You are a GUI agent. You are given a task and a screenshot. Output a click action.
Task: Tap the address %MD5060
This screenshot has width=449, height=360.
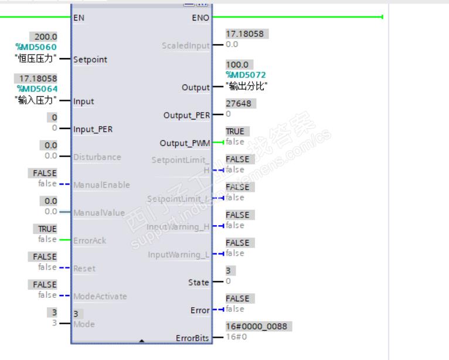[x=36, y=46]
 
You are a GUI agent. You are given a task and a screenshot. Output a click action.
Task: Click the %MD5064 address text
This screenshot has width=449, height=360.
[x=36, y=88]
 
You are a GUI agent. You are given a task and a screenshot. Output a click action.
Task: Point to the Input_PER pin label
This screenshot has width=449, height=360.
[x=93, y=129]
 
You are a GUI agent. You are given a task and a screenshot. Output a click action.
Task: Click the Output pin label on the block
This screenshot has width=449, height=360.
[x=196, y=87]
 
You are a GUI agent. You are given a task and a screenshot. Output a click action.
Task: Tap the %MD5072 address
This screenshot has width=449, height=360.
[x=246, y=74]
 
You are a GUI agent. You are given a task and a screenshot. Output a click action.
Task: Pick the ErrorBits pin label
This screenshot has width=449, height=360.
[x=192, y=338]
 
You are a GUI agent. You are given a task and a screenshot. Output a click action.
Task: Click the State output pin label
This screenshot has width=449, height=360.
[x=198, y=282]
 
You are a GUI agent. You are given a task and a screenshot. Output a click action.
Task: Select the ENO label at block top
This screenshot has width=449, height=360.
[x=200, y=18]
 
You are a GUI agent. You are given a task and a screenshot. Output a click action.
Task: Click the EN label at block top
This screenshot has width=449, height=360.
[x=79, y=18]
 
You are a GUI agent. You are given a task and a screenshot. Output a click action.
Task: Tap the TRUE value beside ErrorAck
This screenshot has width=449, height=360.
[x=47, y=229]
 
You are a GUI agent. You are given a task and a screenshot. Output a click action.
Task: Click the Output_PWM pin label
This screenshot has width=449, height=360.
[x=184, y=143]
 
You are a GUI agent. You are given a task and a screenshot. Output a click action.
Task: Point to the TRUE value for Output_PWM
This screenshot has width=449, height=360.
[x=235, y=131]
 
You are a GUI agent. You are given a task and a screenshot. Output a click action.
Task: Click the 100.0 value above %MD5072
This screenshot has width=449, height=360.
[x=237, y=64]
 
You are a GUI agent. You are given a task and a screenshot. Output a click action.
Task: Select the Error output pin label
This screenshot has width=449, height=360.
[x=200, y=310]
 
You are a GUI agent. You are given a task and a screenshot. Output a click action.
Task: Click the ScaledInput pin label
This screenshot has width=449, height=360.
[x=186, y=45]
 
